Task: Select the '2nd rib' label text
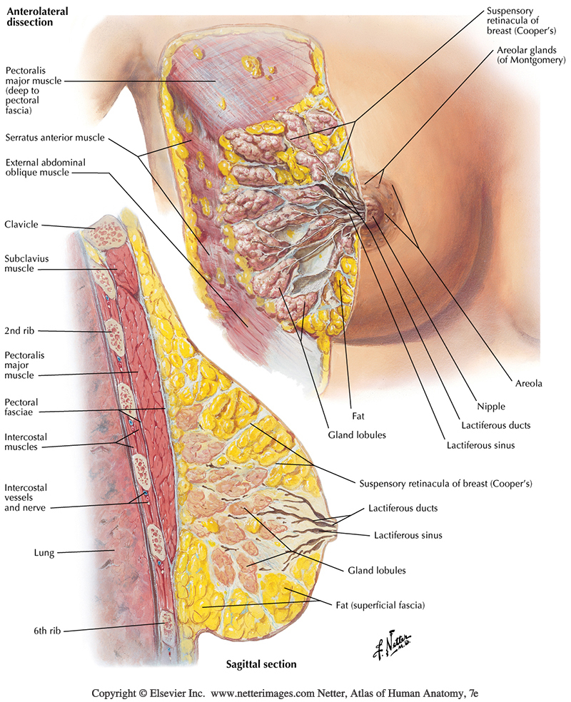[21, 330]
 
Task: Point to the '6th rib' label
[20, 629]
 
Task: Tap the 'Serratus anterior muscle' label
[54, 138]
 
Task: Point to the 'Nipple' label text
[490, 407]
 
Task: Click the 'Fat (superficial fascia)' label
[380, 605]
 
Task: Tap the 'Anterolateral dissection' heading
[32, 15]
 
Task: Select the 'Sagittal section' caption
[258, 664]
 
